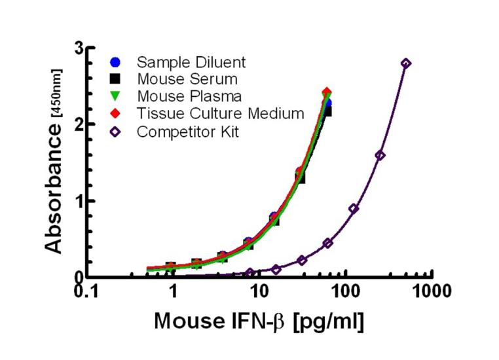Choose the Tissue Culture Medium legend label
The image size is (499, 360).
(221, 113)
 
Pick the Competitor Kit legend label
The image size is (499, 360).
(189, 130)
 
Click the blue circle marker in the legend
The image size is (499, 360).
(115, 62)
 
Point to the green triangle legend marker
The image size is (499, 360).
(115, 96)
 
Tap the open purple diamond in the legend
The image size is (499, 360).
(115, 130)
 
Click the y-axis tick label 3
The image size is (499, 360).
(79, 48)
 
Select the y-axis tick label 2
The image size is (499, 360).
(79, 124)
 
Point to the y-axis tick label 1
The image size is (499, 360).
(79, 201)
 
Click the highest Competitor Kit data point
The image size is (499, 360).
(406, 63)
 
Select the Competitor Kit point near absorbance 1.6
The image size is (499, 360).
(380, 155)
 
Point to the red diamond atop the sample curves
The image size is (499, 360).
(327, 92)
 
